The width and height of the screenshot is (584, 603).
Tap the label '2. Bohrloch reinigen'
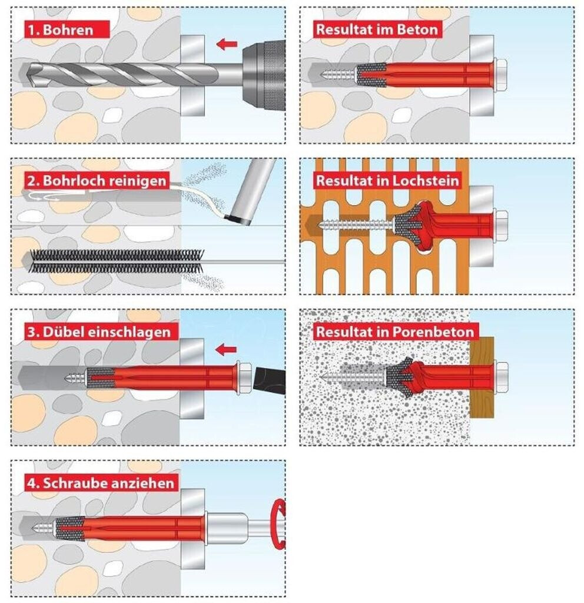97,180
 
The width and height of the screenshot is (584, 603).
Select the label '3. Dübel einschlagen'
99,332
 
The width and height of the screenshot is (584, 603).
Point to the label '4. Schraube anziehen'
101,483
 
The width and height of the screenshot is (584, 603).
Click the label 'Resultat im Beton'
377,29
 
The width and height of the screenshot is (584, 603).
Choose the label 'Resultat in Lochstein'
388,180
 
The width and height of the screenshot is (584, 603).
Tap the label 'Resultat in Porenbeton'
395,332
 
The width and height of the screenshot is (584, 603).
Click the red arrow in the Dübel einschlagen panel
226,350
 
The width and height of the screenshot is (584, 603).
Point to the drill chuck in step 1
264,75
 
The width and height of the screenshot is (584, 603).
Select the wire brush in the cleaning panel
117,261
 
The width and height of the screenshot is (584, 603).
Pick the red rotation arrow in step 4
280,523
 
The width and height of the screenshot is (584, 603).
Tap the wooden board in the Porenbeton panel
482,377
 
